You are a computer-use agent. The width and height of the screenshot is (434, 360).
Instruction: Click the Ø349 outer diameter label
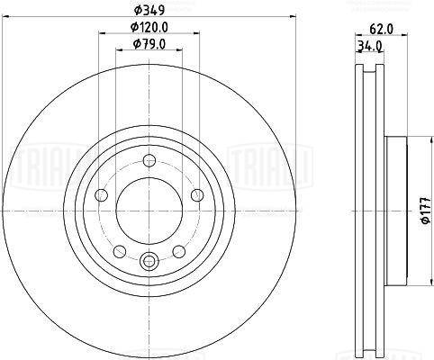[149, 11]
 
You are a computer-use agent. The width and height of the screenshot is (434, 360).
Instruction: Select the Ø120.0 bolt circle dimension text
[149, 28]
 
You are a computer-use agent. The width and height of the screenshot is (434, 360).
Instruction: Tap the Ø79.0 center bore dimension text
[149, 44]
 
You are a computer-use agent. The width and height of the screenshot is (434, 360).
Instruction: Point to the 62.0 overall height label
[381, 29]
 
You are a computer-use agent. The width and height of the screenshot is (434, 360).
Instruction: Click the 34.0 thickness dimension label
[369, 46]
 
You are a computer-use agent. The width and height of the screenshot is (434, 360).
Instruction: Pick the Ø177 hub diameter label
[428, 211]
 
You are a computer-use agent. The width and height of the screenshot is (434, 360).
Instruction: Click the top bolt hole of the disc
[149, 160]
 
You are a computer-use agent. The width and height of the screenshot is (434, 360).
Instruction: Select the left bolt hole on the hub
[101, 195]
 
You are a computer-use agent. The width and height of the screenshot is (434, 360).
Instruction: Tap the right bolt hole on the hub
[197, 195]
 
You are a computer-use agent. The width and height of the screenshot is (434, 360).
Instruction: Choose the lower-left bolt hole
[120, 251]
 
